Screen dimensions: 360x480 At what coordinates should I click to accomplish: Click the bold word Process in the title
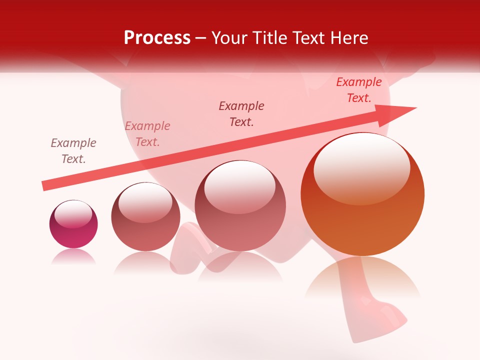click(x=157, y=38)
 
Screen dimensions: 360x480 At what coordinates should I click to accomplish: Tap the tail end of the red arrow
click(x=44, y=186)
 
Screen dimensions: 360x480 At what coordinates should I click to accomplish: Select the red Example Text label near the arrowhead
click(x=358, y=90)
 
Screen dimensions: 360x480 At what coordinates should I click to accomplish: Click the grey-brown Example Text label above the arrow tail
click(x=73, y=151)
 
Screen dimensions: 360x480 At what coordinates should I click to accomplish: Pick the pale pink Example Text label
click(x=147, y=134)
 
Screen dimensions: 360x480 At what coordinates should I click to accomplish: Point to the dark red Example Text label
click(x=241, y=114)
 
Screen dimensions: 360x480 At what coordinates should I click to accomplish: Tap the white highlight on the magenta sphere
click(x=73, y=214)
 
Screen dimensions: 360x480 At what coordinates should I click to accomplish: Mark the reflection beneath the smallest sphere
click(x=73, y=256)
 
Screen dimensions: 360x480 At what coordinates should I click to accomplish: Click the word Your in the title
click(x=227, y=38)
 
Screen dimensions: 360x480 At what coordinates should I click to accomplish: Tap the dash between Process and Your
click(x=200, y=38)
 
